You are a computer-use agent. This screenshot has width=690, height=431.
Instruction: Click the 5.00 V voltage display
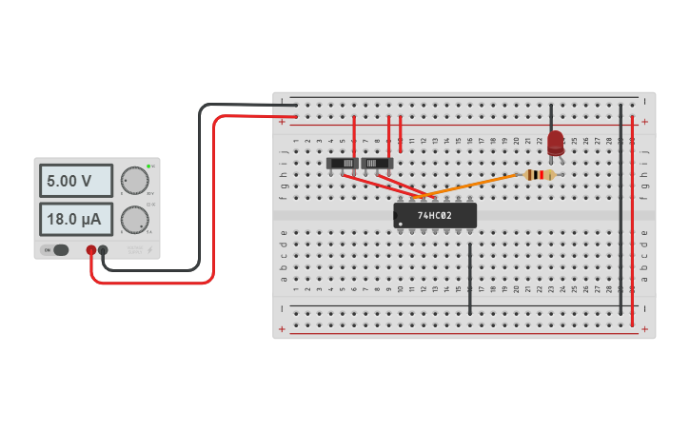(75, 180)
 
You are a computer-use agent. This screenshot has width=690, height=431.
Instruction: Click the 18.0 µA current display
(75, 220)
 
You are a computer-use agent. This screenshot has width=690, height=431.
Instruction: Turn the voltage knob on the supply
(135, 180)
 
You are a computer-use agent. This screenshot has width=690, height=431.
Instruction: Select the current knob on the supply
(135, 220)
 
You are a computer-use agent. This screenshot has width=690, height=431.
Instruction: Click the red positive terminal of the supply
(91, 250)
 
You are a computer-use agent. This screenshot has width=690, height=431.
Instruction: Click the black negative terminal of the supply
(103, 250)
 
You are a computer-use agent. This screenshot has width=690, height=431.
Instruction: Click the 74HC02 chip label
(434, 215)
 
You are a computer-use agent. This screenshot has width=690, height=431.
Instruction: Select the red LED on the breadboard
(556, 144)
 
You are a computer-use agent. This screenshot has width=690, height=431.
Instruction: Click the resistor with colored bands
(540, 175)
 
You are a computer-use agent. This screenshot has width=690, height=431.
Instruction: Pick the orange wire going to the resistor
(476, 186)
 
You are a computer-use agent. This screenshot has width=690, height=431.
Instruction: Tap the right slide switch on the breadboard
(377, 164)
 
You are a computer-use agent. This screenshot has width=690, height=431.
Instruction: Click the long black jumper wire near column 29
(621, 209)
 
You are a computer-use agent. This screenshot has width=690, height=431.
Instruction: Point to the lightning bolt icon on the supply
(148, 250)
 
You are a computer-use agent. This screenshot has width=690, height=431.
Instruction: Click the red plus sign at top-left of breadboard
(282, 122)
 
